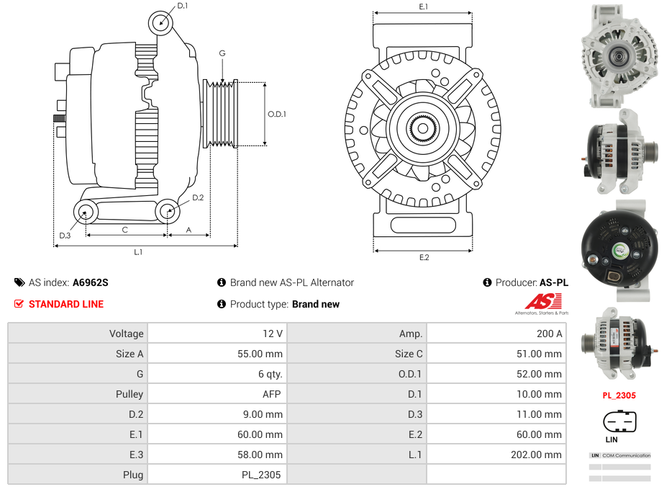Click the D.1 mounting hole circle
pos(161,23)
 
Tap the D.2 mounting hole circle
pos(168,211)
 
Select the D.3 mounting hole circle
pos(86,212)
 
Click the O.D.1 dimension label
pos(277,114)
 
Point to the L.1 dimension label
pos(137,252)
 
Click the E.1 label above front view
pos(423,6)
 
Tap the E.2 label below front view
pos(423,257)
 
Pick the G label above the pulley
pos(222,53)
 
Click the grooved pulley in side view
pos(221,114)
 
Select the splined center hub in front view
pos(422,129)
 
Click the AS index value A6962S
pos(91,282)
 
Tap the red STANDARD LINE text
pos(65,304)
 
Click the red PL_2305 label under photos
pos(619,395)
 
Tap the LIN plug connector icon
pos(619,421)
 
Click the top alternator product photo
pos(619,55)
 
